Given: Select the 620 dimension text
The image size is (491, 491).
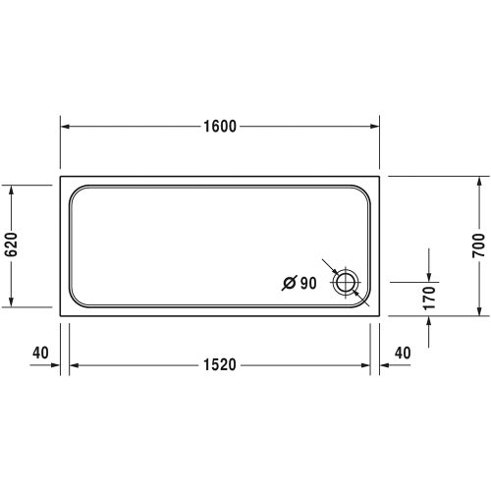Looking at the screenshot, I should pos(13,245).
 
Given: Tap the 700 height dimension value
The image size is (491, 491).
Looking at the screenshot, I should pos(479,245).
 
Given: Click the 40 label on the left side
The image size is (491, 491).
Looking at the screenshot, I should pos(40,352).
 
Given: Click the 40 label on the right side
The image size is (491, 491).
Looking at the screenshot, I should pos(402,352).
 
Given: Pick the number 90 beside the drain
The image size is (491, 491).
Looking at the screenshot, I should pos(307,284).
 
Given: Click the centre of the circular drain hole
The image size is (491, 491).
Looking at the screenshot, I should pos(346,284).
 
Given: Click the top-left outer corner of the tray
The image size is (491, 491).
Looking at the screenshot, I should pos(61,177).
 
